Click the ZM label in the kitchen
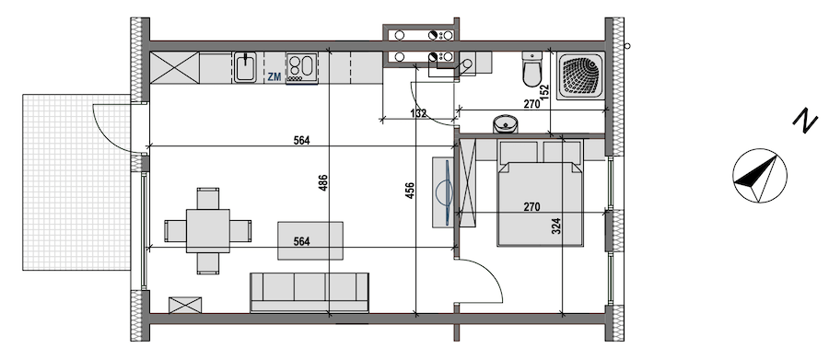pyautogui.click(x=274, y=76)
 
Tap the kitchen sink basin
pyautogui.click(x=245, y=67)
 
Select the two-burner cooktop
pyautogui.click(x=301, y=67)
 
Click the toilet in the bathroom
pyautogui.click(x=531, y=69)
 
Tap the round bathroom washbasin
pyautogui.click(x=506, y=124)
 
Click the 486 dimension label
pyautogui.click(x=323, y=183)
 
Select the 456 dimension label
pyautogui.click(x=410, y=191)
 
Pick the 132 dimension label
pyautogui.click(x=418, y=113)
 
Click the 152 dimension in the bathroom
pyautogui.click(x=545, y=92)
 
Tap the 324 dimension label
pyautogui.click(x=556, y=226)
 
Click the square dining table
pyautogui.click(x=208, y=231)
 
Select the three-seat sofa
pyautogui.click(x=309, y=293)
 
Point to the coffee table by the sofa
pyautogui.click(x=310, y=241)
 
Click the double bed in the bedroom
pyautogui.click(x=540, y=193)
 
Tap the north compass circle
pyautogui.click(x=760, y=176)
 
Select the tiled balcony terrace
pyautogui.click(x=76, y=182)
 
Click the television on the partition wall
pyautogui.click(x=444, y=192)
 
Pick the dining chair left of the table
pyautogui.click(x=176, y=231)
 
